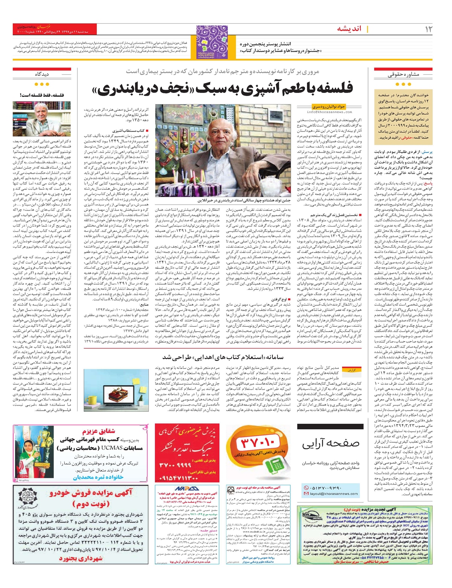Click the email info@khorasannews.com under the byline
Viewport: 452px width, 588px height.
tap(329, 112)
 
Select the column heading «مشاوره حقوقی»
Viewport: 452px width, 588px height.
tap(403, 75)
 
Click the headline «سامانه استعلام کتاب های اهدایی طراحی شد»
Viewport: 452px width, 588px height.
tap(223, 357)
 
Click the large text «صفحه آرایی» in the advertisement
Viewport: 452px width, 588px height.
tap(330, 444)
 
